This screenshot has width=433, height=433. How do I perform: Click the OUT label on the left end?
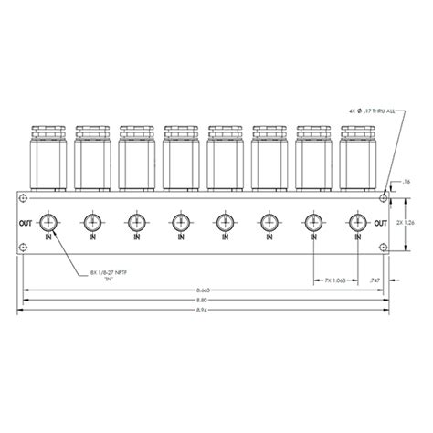25,222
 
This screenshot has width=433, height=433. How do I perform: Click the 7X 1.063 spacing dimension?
333,280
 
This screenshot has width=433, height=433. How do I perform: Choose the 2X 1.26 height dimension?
412,222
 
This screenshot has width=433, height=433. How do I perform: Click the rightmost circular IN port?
356,222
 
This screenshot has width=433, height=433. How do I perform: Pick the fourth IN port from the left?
180,222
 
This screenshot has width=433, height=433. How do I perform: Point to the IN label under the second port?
91,238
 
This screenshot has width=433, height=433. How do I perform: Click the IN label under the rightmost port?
356,238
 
